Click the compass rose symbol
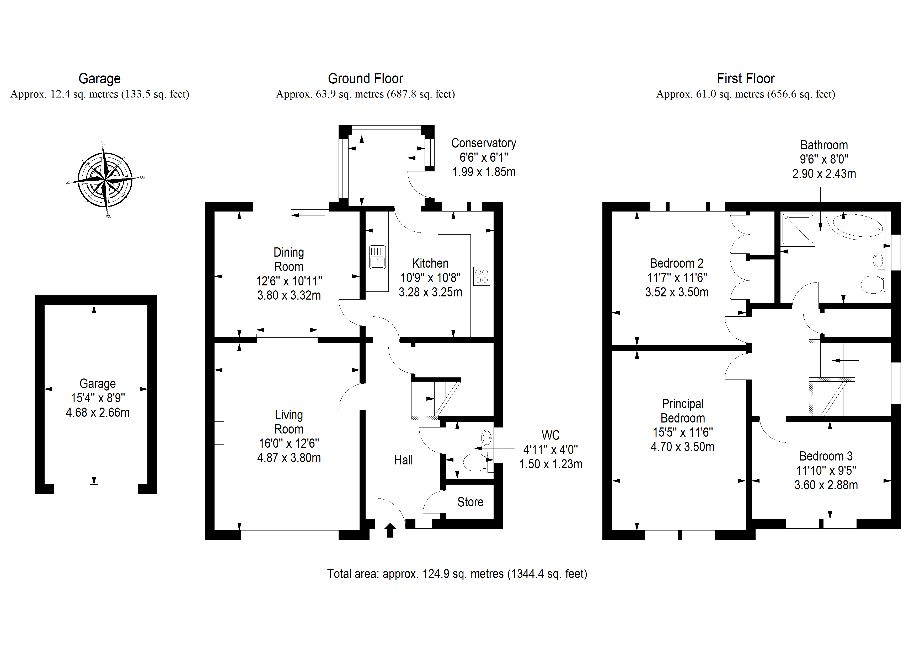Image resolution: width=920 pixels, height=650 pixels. (x=105, y=180)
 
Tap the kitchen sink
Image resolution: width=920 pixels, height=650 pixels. (x=377, y=257)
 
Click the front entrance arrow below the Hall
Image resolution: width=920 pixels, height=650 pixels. (x=390, y=530)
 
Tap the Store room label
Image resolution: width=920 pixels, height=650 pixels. (x=470, y=502)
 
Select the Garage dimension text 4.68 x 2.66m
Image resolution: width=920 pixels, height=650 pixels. (x=98, y=413)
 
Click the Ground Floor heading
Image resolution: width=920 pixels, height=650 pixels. (x=365, y=78)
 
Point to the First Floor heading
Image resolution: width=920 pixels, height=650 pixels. (x=745, y=78)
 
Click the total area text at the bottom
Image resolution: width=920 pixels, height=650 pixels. (x=457, y=574)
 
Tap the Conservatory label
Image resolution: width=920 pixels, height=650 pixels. (x=484, y=143)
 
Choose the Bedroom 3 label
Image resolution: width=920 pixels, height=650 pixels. (x=826, y=456)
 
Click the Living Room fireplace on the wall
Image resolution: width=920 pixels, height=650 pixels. (x=219, y=432)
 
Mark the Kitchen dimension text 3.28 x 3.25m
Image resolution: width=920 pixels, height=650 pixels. (x=430, y=292)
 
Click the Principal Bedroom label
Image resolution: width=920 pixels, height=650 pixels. (x=682, y=411)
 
